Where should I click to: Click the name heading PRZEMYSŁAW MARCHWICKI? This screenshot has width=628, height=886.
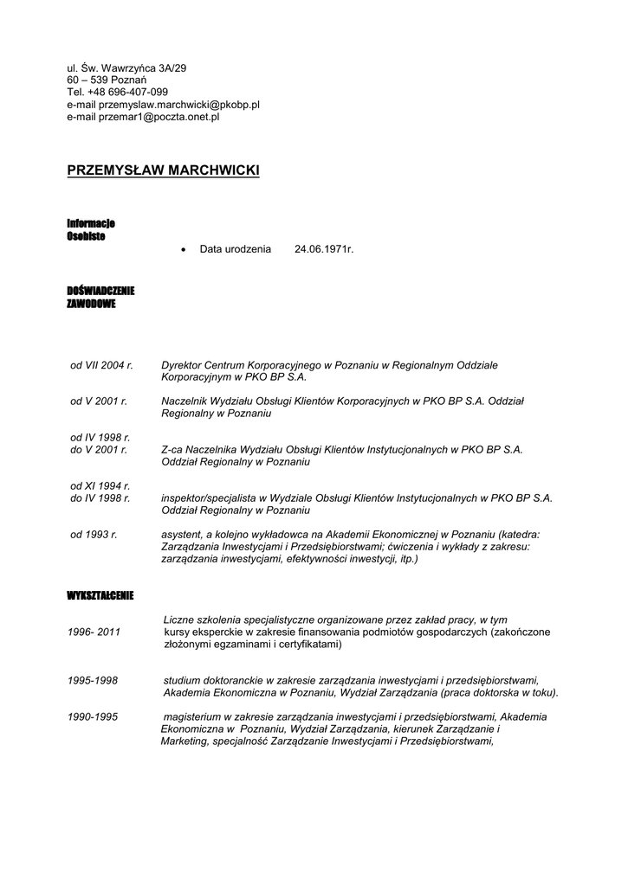[163, 170]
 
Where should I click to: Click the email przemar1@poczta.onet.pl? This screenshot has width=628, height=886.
[159, 116]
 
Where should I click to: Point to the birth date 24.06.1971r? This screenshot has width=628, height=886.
[324, 249]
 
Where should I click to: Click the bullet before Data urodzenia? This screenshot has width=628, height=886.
[183, 250]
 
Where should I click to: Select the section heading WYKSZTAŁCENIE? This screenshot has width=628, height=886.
[100, 596]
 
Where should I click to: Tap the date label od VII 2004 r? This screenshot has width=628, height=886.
[101, 366]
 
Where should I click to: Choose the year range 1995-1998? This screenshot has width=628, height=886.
[93, 680]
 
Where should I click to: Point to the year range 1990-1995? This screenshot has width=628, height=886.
[93, 716]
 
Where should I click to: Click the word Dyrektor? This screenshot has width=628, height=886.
[181, 366]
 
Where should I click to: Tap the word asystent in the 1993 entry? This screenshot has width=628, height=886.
[182, 535]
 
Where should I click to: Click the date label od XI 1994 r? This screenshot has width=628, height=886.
[100, 485]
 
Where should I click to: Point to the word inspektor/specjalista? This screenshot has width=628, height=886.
[211, 498]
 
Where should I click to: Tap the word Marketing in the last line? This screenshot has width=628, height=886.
[183, 741]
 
